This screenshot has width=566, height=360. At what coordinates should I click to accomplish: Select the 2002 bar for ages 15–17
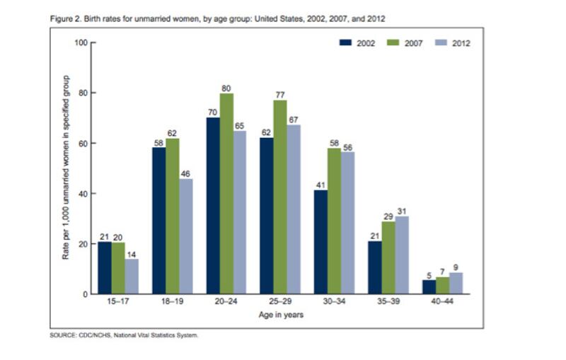point(105,268)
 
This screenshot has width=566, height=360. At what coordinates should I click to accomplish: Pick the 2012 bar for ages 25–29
point(293,209)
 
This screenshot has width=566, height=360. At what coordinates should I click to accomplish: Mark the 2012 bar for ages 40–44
point(455,283)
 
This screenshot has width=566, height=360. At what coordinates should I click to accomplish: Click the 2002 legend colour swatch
point(346,43)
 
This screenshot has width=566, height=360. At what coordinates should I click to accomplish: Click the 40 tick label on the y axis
point(82,194)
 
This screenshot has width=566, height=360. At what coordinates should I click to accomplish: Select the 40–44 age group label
point(441,302)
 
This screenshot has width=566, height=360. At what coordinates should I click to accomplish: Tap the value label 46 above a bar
point(185,173)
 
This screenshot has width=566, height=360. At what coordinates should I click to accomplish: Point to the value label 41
point(320,185)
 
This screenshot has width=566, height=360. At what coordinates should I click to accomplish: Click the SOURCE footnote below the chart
point(124,335)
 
